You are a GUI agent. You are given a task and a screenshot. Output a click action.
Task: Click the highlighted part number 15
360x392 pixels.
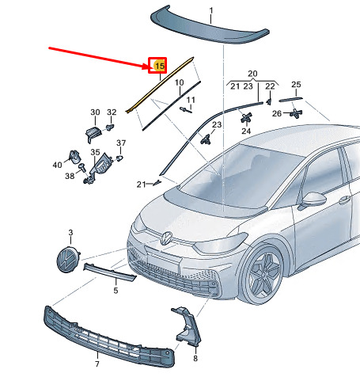160,66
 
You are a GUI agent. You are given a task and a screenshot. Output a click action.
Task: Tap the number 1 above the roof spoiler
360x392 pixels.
211,10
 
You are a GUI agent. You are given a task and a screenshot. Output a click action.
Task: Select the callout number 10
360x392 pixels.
180,82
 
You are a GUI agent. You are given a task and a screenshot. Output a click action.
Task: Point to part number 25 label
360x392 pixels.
296,85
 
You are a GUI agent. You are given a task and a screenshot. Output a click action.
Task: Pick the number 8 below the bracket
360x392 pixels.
195,358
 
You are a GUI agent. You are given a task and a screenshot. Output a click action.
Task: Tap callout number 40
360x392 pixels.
57,165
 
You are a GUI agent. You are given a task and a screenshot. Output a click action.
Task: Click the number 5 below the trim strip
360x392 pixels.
116,291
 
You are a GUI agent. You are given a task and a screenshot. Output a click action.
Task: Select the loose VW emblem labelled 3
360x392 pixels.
68,260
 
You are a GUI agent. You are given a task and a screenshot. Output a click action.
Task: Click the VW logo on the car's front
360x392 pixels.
167,238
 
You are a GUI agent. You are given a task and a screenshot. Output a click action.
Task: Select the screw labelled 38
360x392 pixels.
82,167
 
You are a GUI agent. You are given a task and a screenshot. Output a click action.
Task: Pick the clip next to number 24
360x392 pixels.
246,117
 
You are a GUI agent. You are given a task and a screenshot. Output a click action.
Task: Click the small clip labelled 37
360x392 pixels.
119,158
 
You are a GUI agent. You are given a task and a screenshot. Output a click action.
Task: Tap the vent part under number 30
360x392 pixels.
93,134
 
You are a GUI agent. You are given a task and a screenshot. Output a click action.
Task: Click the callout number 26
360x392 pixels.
277,113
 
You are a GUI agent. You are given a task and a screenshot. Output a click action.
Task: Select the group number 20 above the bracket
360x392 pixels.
252,74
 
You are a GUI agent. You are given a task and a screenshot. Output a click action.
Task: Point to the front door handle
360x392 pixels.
344,200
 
